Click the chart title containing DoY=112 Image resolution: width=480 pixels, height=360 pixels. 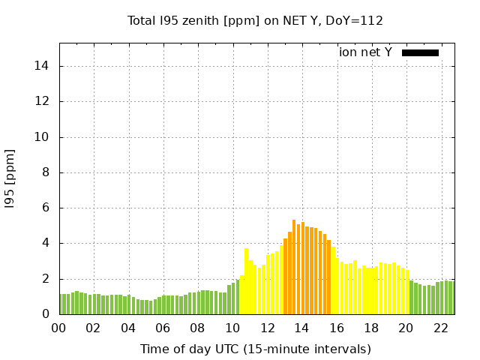(x=255, y=20)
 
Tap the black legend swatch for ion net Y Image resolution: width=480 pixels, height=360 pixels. (x=420, y=52)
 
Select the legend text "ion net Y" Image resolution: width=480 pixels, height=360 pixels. (x=365, y=52)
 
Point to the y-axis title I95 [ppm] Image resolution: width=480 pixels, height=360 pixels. (x=10, y=178)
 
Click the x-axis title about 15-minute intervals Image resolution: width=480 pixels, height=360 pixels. (x=255, y=349)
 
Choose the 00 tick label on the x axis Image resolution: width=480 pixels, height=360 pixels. (x=58, y=328)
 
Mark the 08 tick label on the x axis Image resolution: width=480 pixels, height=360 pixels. (x=197, y=328)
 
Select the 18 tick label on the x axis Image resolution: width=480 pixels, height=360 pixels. (x=370, y=328)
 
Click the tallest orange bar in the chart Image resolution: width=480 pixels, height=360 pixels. (x=294, y=268)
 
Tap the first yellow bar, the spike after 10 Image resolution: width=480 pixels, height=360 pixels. (x=246, y=282)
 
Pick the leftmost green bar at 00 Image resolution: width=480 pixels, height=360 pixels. (x=61, y=304)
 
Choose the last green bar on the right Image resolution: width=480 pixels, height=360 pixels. (x=451, y=298)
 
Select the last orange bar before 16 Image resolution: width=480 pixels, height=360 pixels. (x=328, y=276)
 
